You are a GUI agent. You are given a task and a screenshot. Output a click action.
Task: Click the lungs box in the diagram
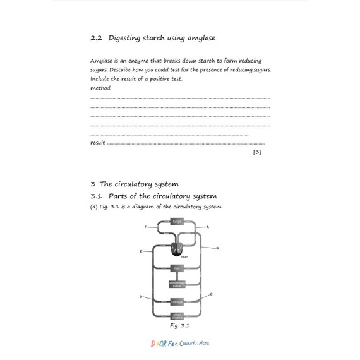click(x=177, y=222)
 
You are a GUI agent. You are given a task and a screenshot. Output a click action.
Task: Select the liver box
click(x=177, y=268)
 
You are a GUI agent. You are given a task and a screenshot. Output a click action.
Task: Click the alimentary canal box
click(x=177, y=284)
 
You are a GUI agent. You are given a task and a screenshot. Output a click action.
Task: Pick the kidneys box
click(x=177, y=302)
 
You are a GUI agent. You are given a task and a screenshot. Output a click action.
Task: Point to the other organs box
click(x=177, y=315)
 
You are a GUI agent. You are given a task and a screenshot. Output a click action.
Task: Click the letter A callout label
click(x=208, y=227)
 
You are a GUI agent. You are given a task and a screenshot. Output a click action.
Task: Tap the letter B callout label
click(x=217, y=248)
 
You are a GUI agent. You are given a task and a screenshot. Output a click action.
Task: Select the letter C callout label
click(x=211, y=294)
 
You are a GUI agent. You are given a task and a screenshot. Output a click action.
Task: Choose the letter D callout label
click(x=141, y=296)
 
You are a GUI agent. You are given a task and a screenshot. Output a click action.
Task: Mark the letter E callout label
click(x=141, y=251)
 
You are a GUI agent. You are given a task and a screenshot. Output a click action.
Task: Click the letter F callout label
click(x=145, y=226)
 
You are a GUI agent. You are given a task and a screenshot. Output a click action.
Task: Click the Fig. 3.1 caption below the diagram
click(x=179, y=326)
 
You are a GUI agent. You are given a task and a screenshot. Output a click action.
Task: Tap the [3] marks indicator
click(x=257, y=152)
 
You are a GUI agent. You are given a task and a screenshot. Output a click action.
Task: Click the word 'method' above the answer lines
click(x=100, y=88)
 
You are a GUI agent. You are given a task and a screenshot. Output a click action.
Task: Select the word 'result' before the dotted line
click(x=98, y=143)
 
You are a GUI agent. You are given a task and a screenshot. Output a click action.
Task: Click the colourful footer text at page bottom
click(x=180, y=343)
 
